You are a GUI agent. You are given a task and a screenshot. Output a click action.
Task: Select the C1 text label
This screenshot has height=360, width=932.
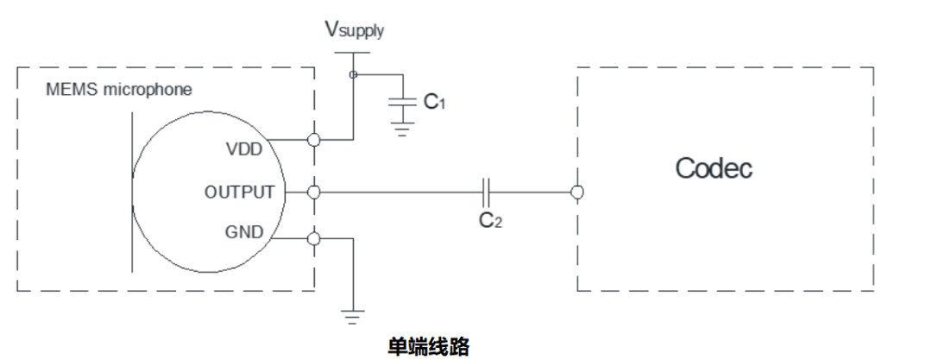pyautogui.click(x=434, y=102)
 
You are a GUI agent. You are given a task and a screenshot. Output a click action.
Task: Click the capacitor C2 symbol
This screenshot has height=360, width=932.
pyautogui.click(x=487, y=191)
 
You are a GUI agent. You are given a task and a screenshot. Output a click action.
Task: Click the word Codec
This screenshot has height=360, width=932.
pyautogui.click(x=713, y=167)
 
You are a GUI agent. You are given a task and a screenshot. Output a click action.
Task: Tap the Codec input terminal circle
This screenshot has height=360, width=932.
pyautogui.click(x=576, y=191)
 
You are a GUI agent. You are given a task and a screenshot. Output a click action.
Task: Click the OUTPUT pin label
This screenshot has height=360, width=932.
pyautogui.click(x=239, y=191)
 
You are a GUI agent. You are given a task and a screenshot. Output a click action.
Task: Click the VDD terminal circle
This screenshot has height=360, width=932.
pyautogui.click(x=314, y=139)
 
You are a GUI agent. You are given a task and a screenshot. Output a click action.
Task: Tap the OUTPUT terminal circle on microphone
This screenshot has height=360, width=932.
pyautogui.click(x=314, y=191)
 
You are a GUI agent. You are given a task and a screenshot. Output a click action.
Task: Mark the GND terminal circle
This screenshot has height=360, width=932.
pyautogui.click(x=314, y=239)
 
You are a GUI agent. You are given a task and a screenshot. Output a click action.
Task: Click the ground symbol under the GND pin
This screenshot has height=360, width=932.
pyautogui.click(x=353, y=316)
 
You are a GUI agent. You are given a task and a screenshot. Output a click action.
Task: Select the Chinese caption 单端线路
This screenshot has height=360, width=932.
pyautogui.click(x=429, y=346)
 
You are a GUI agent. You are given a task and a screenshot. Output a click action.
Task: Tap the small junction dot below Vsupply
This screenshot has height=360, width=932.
pyautogui.click(x=352, y=75)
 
